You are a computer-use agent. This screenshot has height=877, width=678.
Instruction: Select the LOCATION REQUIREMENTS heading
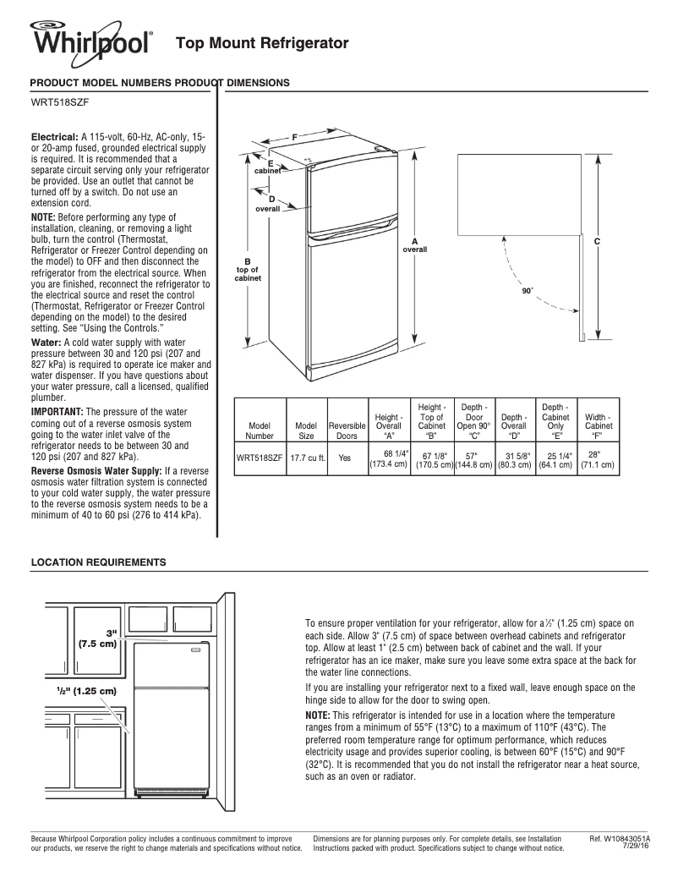(x=98, y=562)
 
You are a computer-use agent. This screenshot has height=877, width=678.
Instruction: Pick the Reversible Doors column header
(x=347, y=430)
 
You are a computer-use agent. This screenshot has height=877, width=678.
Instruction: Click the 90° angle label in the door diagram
(x=527, y=290)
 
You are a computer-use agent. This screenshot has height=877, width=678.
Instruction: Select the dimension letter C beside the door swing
(x=597, y=242)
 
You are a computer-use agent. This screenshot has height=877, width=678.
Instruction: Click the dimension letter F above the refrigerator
(x=294, y=136)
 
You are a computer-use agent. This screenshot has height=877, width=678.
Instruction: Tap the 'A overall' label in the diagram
(x=414, y=246)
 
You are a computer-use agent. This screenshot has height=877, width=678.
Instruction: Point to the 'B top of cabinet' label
(x=248, y=270)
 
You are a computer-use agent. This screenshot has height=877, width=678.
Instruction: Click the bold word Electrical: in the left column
(x=55, y=136)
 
